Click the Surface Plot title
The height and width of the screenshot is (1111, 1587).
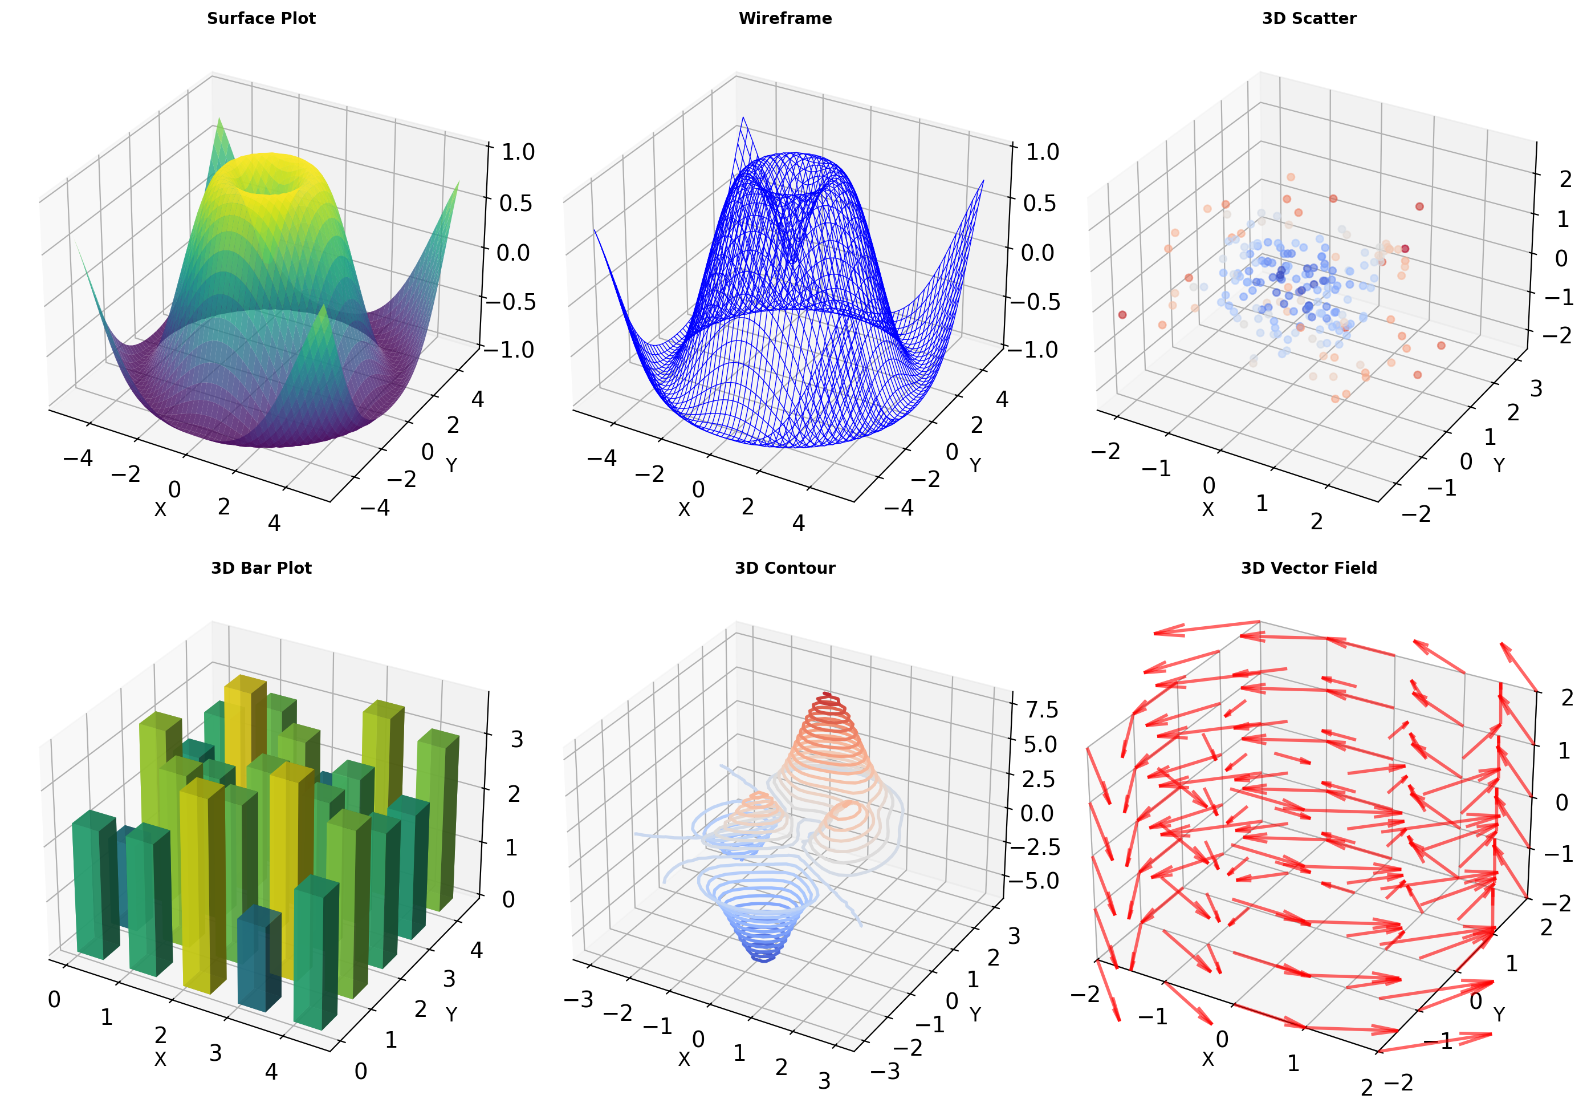pyautogui.click(x=261, y=19)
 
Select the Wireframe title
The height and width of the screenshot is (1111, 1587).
pyautogui.click(x=785, y=19)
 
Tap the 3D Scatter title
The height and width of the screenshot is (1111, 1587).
pyautogui.click(x=1309, y=19)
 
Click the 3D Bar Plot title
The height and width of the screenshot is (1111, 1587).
pyautogui.click(x=261, y=568)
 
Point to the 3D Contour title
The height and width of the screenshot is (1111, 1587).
pyautogui.click(x=785, y=568)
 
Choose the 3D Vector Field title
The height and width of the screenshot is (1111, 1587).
pyautogui.click(x=1309, y=568)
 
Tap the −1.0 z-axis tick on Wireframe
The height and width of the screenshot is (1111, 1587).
pyautogui.click(x=1032, y=350)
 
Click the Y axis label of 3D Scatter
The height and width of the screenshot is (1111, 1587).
pyautogui.click(x=1499, y=465)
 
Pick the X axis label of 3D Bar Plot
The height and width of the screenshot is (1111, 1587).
pyautogui.click(x=160, y=1059)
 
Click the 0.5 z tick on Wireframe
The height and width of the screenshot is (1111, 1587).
pyautogui.click(x=1041, y=203)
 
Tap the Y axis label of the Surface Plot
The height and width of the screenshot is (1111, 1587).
pyautogui.click(x=451, y=465)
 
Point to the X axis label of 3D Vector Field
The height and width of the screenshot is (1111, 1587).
pyautogui.click(x=1207, y=1059)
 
